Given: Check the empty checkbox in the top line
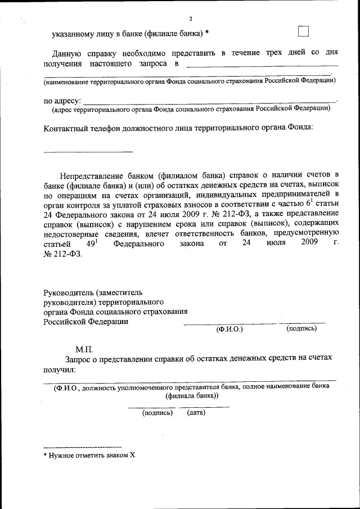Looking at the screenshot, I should click(x=304, y=31).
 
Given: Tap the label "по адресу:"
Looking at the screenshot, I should click(x=62, y=101).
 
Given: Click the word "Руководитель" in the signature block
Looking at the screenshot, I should click(x=69, y=292).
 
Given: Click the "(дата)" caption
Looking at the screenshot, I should click(x=196, y=413).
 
